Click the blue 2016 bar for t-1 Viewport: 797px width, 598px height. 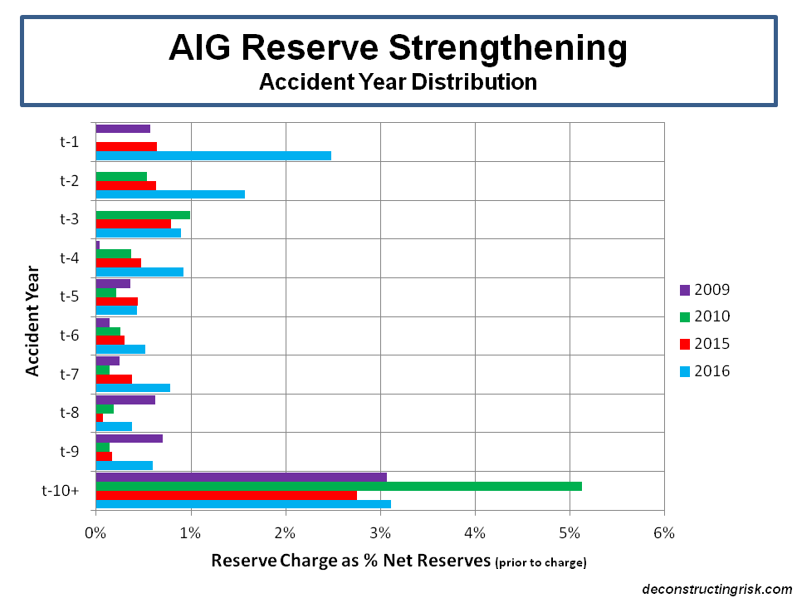pos(213,155)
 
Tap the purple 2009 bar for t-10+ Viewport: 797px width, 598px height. pos(241,477)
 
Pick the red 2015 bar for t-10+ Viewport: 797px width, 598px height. pos(226,495)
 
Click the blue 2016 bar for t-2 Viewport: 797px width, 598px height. pos(170,194)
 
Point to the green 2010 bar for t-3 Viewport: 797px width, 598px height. pos(143,214)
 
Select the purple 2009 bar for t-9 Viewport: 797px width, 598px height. pos(129,438)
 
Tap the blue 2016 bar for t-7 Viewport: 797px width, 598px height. pos(133,387)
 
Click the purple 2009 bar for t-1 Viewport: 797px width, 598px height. pos(123,129)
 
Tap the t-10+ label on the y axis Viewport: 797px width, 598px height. pos(61,490)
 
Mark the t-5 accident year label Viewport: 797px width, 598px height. pos(69,297)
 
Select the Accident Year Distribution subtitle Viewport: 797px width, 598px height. pos(398,82)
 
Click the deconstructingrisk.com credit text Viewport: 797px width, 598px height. pos(717,589)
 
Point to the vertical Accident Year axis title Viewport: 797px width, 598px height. pos(32,320)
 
